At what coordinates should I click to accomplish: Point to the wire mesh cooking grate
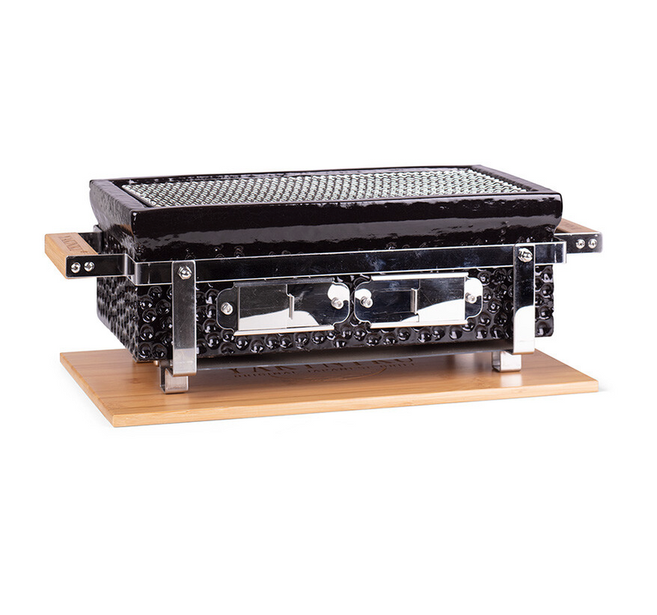pos(328,187)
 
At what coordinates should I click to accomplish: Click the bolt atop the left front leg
pos(185,273)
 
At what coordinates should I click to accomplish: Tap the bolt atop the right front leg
pos(524,255)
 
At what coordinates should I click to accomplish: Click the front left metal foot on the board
pos(174,381)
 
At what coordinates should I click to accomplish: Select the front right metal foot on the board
pos(508,360)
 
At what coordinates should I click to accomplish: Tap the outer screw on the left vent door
pos(227,309)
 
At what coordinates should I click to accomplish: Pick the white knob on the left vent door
pos(337,292)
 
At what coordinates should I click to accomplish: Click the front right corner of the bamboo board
pos(595,383)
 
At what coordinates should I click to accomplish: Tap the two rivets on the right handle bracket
pos(586,243)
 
